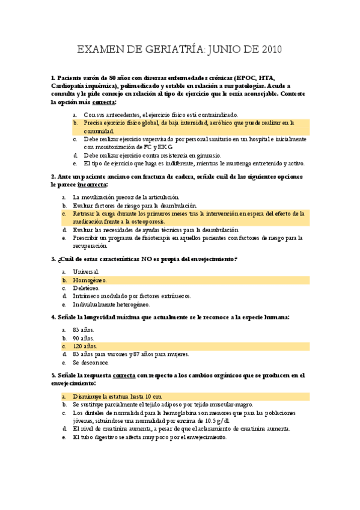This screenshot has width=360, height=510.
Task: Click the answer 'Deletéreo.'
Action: coord(87,287)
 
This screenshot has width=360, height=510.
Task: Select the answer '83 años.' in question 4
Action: coord(83,330)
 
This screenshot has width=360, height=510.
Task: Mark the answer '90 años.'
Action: coord(83,338)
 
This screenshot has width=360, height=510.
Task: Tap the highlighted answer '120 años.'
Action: coord(85,346)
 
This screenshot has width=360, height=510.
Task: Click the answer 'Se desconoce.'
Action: coord(91,363)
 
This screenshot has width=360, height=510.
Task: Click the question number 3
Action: coord(53,259)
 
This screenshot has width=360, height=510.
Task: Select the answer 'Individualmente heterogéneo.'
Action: coord(111,304)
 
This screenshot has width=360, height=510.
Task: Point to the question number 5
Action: coord(53,375)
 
